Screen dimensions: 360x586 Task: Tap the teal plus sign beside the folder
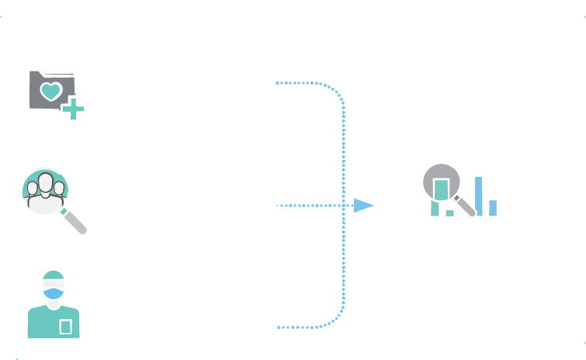(x=73, y=109)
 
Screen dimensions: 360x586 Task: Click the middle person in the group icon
(x=46, y=189)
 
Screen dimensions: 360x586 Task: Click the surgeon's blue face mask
(x=53, y=293)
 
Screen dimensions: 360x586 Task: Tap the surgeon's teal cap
(x=53, y=277)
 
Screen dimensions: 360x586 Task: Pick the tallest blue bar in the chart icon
(x=479, y=196)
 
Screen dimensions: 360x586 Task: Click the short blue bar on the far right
(x=492, y=208)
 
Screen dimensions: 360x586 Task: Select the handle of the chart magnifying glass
(x=466, y=206)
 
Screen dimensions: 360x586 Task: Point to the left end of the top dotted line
(x=277, y=82)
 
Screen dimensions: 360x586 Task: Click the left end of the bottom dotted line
(x=279, y=327)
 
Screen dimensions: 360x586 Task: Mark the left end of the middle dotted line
(x=278, y=206)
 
